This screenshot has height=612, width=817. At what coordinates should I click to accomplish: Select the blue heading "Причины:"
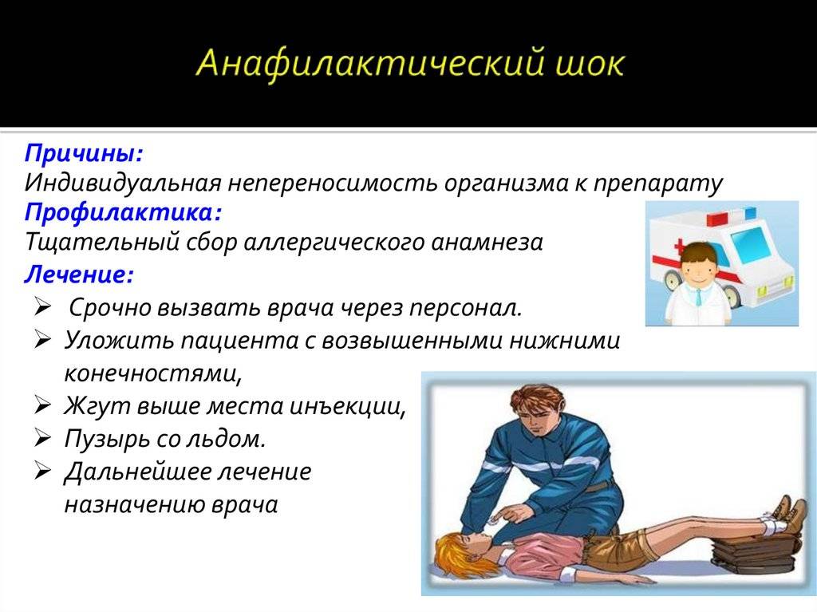(83, 153)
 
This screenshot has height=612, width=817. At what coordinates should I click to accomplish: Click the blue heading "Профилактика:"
(123, 213)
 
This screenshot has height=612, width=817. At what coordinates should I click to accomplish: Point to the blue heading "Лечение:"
(79, 274)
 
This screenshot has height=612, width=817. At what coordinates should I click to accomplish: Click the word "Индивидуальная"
(123, 184)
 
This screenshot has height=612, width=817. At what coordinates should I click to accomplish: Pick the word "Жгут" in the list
(97, 407)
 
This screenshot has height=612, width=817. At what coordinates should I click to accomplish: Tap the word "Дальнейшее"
(136, 472)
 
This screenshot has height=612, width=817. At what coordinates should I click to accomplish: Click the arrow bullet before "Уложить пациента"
(42, 341)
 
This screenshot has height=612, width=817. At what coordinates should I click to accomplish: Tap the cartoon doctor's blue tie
(698, 297)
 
